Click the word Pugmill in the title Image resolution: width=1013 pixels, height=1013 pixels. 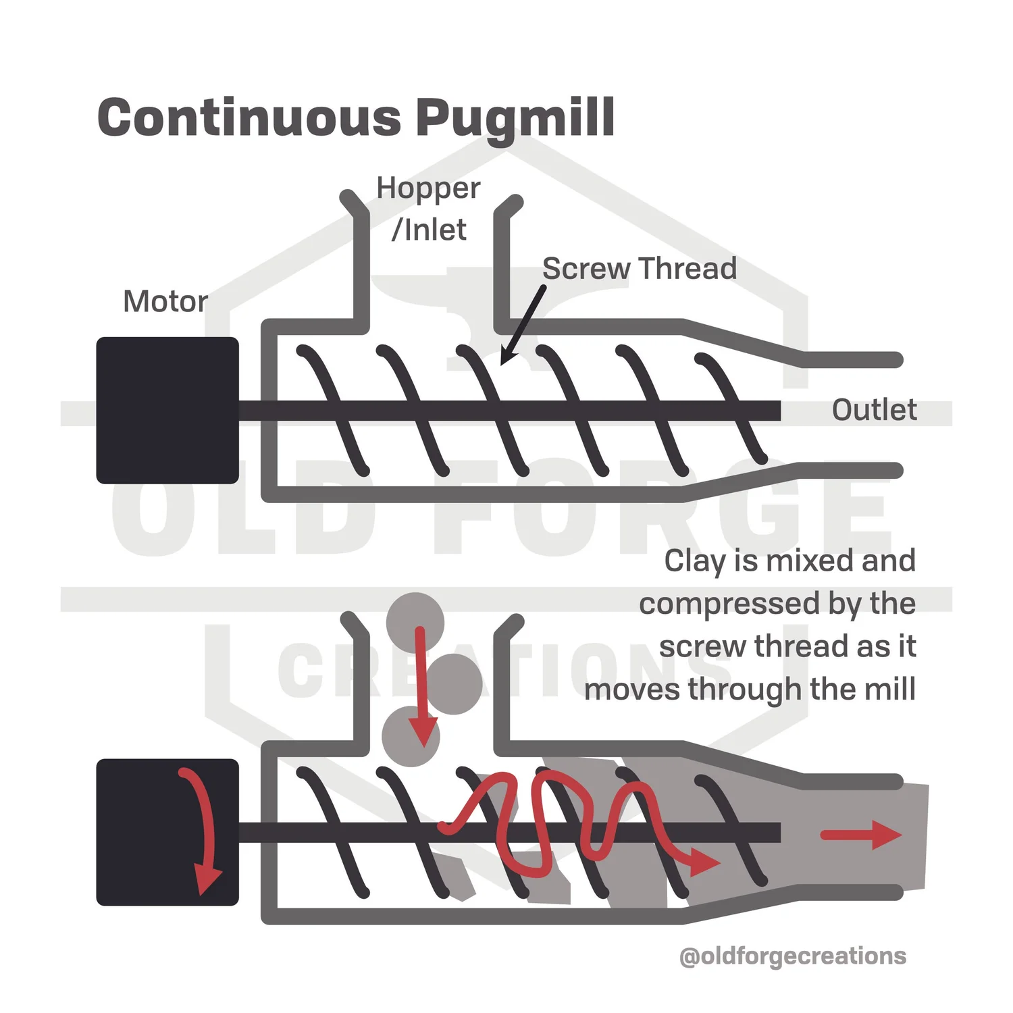[x=514, y=119]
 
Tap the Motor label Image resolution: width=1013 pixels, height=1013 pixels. [x=165, y=301]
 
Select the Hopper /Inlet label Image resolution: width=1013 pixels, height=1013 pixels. [x=428, y=209]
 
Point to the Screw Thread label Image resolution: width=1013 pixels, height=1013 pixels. [x=639, y=269]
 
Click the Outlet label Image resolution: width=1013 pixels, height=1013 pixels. [x=874, y=410]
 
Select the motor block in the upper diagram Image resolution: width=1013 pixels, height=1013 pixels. [x=167, y=410]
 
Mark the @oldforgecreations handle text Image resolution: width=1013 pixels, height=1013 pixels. [x=793, y=956]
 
